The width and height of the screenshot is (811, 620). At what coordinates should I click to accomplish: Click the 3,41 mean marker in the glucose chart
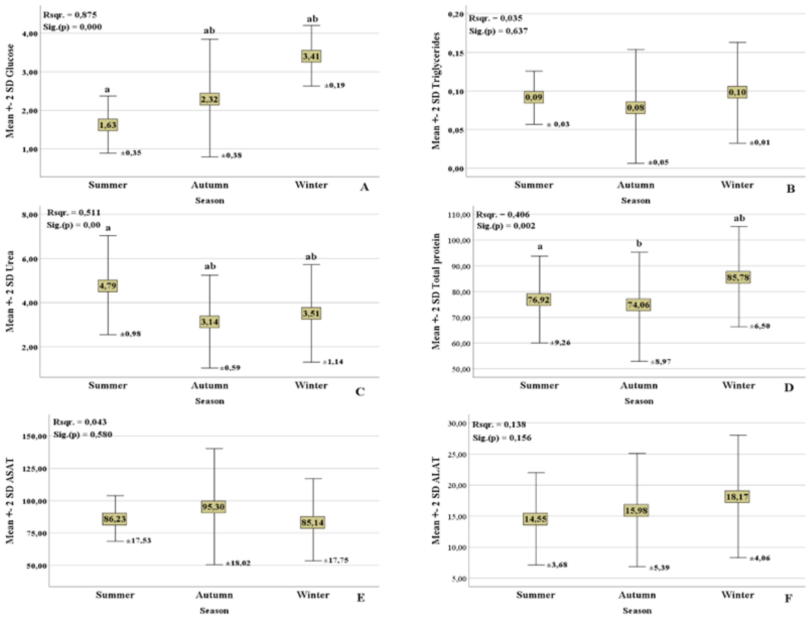(x=311, y=56)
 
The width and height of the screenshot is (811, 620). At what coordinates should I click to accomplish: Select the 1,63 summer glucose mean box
(x=108, y=125)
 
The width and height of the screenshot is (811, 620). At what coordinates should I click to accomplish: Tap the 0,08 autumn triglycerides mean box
(x=635, y=108)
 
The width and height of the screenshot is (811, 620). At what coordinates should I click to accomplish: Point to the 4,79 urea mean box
(x=108, y=286)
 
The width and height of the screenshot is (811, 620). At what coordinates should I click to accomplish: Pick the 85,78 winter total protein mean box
(x=738, y=277)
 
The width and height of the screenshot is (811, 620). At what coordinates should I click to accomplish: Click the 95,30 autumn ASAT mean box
(x=213, y=507)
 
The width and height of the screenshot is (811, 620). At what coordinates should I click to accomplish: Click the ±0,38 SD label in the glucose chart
(x=231, y=155)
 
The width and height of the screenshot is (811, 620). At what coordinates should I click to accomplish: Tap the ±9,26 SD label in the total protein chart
(x=560, y=343)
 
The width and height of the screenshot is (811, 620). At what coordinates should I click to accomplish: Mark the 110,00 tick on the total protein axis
(x=459, y=215)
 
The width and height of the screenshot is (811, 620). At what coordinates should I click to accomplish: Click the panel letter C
(x=360, y=392)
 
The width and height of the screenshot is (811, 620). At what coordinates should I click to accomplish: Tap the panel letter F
(x=788, y=598)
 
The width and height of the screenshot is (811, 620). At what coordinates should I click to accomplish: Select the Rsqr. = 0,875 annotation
(x=70, y=15)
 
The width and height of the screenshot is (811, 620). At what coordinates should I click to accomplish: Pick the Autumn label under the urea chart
(x=209, y=386)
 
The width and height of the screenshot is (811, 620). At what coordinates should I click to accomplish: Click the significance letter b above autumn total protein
(x=639, y=244)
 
